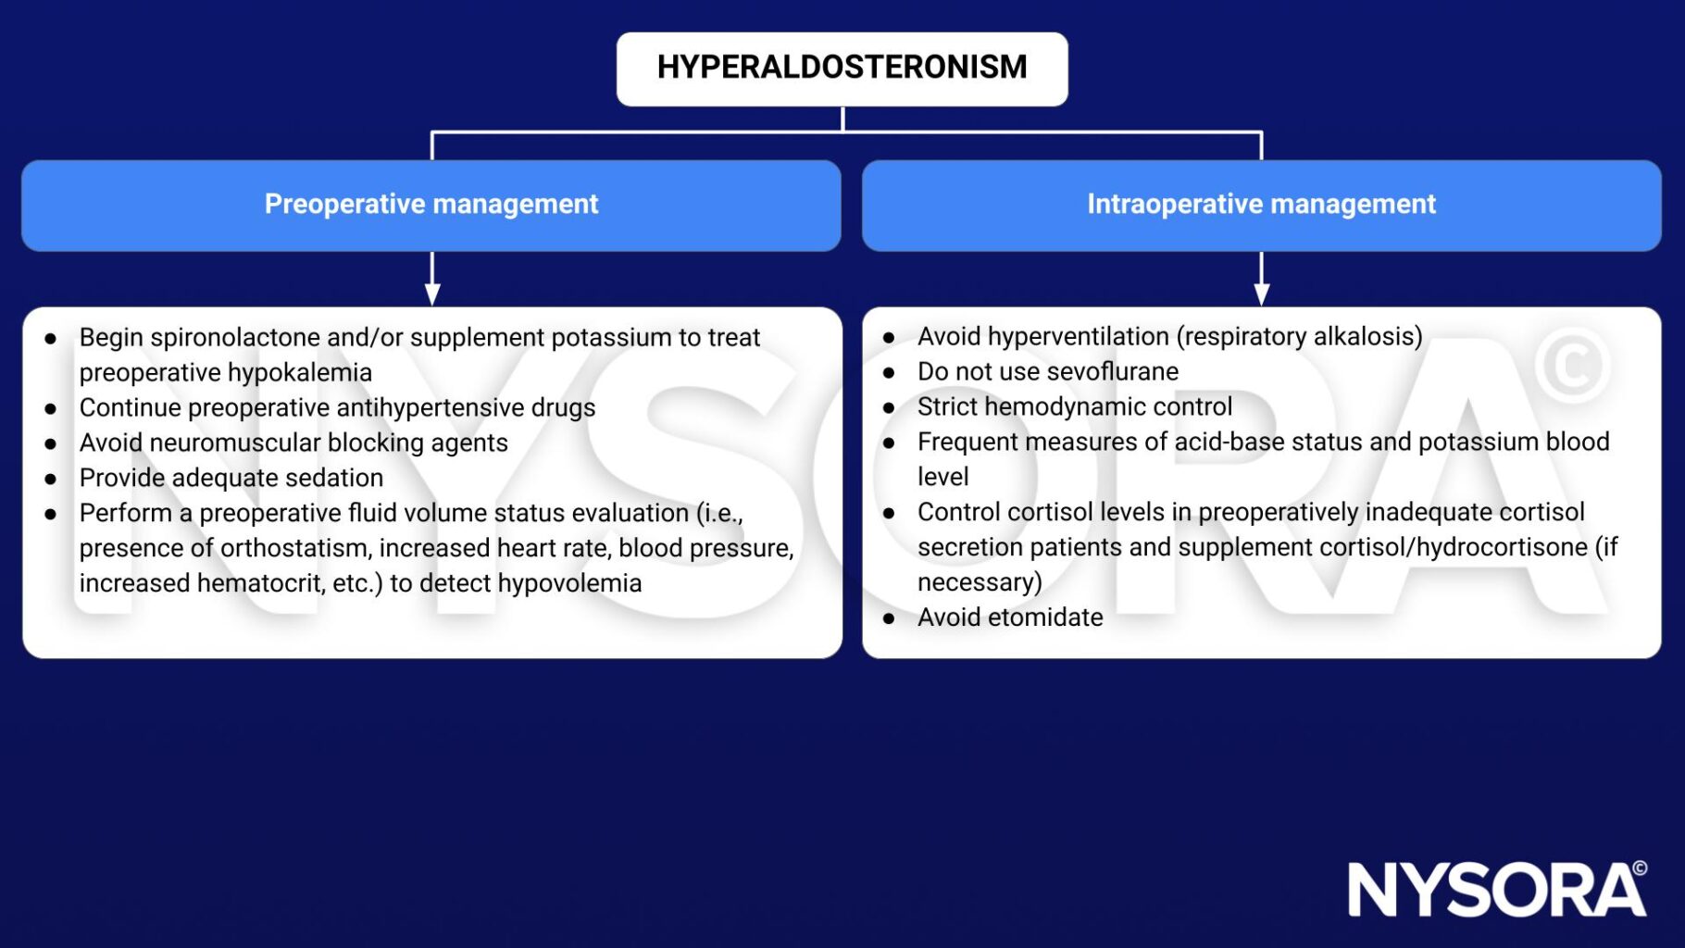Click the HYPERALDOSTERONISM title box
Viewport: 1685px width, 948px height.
coord(842,69)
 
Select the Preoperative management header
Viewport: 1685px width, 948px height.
coord(431,205)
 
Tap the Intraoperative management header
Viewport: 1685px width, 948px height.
coord(1261,205)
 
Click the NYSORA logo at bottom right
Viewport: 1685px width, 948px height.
coord(1496,890)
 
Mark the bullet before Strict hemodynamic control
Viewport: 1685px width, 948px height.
coord(889,408)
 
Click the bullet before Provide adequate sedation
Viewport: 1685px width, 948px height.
coord(51,480)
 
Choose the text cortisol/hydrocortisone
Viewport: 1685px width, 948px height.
coord(1454,547)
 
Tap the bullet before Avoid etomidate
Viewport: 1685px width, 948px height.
coord(889,619)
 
